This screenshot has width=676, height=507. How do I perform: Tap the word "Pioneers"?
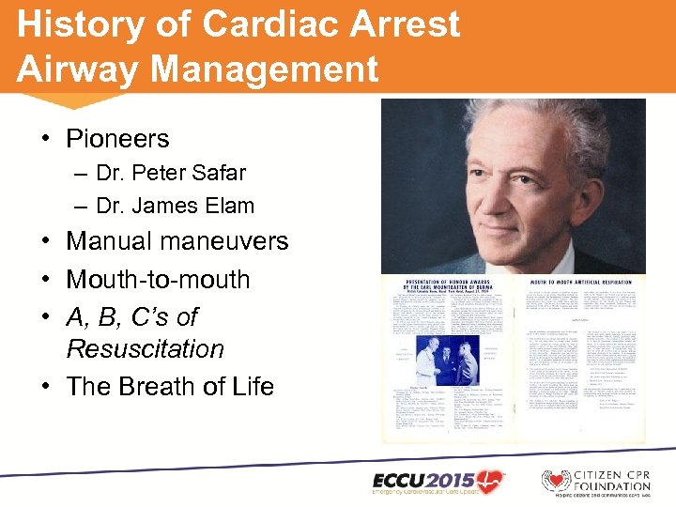[117, 139]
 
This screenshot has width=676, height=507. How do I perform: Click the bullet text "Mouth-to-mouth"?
[159, 280]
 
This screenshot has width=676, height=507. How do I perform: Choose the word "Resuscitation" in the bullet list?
[145, 349]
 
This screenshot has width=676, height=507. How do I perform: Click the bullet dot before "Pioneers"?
[45, 139]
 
